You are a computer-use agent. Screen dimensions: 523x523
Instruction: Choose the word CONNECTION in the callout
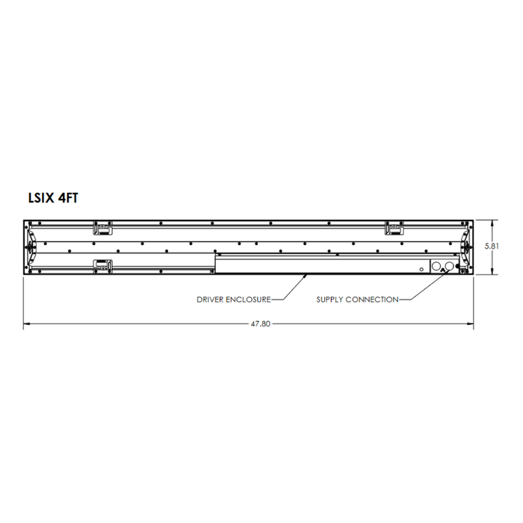375,300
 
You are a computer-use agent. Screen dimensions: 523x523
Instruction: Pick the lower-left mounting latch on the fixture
102,264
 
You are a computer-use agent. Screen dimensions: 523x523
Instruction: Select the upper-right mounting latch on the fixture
394,228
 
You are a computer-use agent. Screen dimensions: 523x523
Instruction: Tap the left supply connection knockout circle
437,266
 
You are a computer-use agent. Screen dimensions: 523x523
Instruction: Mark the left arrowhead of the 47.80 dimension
27,324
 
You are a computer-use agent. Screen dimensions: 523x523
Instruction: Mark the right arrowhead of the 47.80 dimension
471,324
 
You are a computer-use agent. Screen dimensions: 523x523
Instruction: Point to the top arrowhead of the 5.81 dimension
492,223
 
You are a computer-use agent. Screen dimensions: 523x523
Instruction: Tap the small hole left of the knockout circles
421,268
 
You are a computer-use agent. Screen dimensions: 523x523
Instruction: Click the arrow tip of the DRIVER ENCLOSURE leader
306,275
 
